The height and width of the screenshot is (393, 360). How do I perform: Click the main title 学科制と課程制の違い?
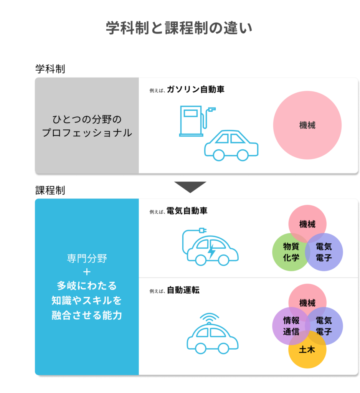pyautogui.click(x=179, y=28)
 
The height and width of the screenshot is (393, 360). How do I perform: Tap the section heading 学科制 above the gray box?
pyautogui.click(x=50, y=69)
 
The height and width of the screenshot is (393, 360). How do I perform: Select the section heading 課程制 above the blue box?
pyautogui.click(x=50, y=190)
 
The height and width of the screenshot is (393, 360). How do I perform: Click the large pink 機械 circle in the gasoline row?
pyautogui.click(x=307, y=125)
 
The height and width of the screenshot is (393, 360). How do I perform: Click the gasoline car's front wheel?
pyautogui.click(x=218, y=155)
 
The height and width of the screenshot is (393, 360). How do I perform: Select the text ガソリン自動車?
pyautogui.click(x=195, y=89)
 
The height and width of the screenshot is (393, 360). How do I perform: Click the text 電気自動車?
pyautogui.click(x=187, y=211)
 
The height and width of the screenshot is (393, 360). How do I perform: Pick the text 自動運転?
pyautogui.click(x=183, y=290)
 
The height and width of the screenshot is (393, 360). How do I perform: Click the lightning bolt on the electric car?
pyautogui.click(x=212, y=251)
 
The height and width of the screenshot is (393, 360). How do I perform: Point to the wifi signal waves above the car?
pyautogui.click(x=209, y=317)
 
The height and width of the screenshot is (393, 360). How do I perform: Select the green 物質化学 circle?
pyautogui.click(x=291, y=252)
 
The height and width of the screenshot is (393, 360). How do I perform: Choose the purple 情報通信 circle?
pyautogui.click(x=291, y=326)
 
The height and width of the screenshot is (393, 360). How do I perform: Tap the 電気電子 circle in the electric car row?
pyautogui.click(x=324, y=252)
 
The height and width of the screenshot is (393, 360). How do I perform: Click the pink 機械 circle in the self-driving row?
pyautogui.click(x=307, y=303)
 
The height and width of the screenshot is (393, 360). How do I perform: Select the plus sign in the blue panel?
pyautogui.click(x=87, y=272)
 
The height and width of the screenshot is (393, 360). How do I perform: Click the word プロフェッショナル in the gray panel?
pyautogui.click(x=87, y=132)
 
